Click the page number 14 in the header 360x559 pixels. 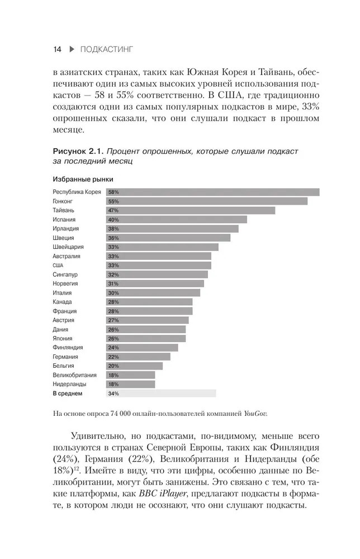[x=56, y=49]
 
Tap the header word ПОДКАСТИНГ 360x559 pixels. [x=107, y=49]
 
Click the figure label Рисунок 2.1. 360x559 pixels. [x=77, y=151]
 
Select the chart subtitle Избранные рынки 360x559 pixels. [x=83, y=180]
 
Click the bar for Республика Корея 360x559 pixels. [x=212, y=192]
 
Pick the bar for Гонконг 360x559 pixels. [x=207, y=201]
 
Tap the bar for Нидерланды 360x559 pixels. [x=130, y=385]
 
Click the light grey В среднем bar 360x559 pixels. [x=161, y=394]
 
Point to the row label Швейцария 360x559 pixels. [x=68, y=247]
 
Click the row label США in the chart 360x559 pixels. [x=58, y=265]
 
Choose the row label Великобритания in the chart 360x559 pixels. [x=75, y=375]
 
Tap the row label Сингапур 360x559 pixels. [x=65, y=274]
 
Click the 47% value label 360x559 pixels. [x=113, y=211]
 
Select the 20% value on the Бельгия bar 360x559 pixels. [x=113, y=366]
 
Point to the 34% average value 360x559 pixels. [x=113, y=394]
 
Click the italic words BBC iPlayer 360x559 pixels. [x=164, y=494]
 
